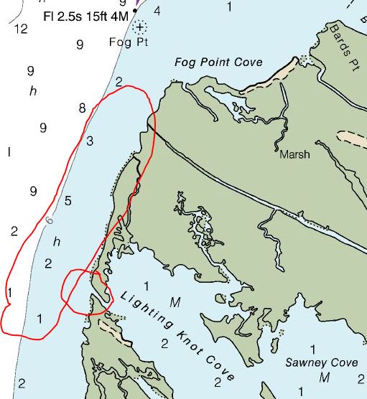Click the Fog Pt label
coord(130,42)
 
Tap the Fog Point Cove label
coord(218,62)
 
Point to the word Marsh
coord(294,154)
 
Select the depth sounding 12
coord(20,29)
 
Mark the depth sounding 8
coord(82,108)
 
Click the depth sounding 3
coord(90,141)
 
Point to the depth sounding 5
coord(68,200)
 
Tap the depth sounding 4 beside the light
coord(157,11)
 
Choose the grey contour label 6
coord(50,221)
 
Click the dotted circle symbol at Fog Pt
coord(139,27)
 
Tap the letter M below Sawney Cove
coord(325,377)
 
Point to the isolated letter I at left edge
coord(9,152)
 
